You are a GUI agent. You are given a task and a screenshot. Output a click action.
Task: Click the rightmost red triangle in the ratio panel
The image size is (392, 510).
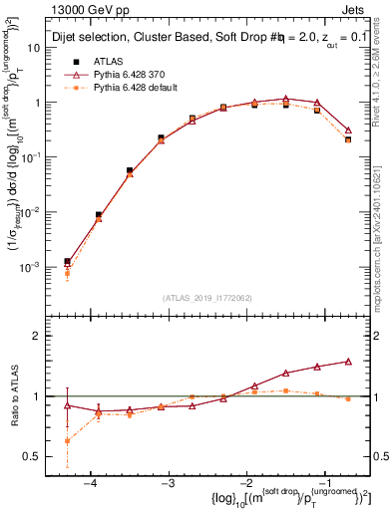tap(347, 362)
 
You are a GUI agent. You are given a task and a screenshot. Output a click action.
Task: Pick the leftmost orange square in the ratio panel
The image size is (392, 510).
tap(67, 440)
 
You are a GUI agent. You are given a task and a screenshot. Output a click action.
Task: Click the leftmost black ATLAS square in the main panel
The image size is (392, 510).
tap(67, 261)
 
